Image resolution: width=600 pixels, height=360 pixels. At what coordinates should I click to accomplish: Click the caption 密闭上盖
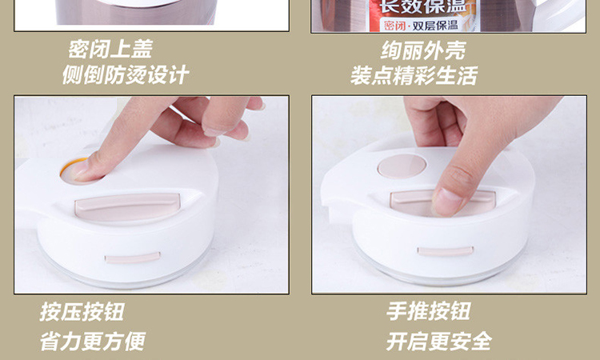pos(110,49)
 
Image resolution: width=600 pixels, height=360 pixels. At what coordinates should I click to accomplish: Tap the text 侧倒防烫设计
pos(126,74)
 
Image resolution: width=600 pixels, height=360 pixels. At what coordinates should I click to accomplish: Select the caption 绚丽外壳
pos(423,50)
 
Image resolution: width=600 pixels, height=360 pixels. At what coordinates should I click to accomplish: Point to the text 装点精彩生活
pos(414,75)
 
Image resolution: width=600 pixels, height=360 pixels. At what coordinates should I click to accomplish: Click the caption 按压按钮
pos(82,312)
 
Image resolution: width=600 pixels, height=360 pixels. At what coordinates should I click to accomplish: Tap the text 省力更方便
pos(93,342)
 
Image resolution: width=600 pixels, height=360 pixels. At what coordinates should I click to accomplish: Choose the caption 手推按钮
pos(428,311)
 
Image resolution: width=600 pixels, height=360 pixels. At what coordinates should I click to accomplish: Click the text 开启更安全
pos(439,342)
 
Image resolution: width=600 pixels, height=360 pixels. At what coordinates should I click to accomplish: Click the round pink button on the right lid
pos(402,166)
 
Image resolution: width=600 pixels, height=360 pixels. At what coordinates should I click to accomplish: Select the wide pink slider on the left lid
pos(127,206)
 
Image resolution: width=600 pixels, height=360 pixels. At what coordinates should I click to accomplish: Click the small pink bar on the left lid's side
pos(132,258)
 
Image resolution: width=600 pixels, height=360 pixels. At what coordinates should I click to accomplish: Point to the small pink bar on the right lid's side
pos(445,251)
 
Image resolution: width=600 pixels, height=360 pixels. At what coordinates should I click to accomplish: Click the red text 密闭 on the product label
pos(395,26)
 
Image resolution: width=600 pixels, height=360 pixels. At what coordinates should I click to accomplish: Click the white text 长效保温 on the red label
pos(422,6)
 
